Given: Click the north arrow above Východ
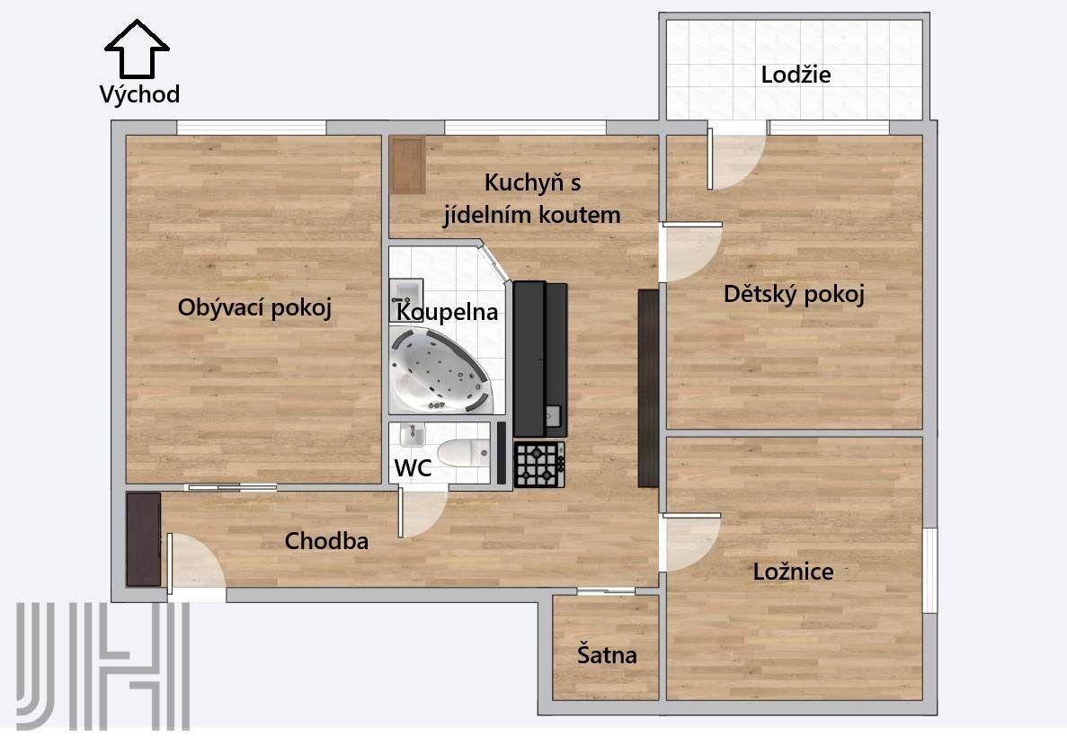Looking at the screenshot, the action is click(137, 49).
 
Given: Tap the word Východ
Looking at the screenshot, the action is click(139, 94).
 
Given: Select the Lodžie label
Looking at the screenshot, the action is click(796, 75).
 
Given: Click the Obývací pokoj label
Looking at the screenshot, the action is click(254, 307).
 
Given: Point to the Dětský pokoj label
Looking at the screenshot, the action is click(794, 294).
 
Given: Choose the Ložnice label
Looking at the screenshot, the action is click(793, 571).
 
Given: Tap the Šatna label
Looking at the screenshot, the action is click(607, 655).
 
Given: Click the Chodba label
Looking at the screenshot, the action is click(326, 540).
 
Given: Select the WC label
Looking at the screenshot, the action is click(413, 467).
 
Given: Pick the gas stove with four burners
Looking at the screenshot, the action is click(539, 464).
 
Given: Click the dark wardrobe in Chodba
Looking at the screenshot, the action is click(144, 539).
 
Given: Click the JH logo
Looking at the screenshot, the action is click(102, 666).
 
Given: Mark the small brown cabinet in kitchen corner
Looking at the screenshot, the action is click(408, 164).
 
